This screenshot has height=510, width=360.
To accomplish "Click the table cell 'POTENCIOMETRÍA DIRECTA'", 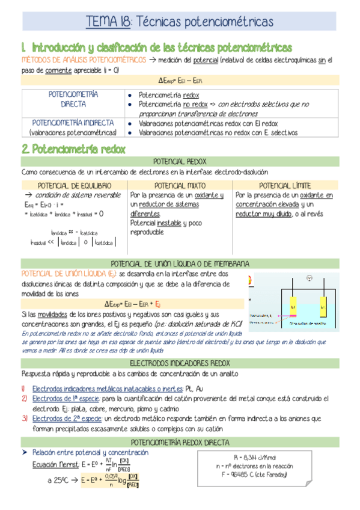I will click(x=73, y=99).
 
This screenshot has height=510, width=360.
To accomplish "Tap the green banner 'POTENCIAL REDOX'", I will click(x=180, y=162).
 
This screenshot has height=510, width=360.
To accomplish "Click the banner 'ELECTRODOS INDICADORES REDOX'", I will click(x=180, y=363).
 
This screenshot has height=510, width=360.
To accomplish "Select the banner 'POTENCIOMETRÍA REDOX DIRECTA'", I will click(x=180, y=443).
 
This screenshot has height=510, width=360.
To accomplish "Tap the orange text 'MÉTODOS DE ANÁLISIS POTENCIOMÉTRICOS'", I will click(x=84, y=60).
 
